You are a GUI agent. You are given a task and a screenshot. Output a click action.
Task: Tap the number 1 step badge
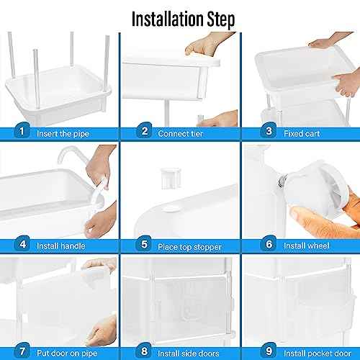click(22, 131)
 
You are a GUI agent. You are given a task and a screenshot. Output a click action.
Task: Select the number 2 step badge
click(144, 131)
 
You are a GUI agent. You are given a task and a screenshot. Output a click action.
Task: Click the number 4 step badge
click(22, 244)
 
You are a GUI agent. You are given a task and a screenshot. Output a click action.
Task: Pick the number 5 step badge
click(144, 244)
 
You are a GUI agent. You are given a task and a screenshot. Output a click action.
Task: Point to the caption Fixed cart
click(302, 132)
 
